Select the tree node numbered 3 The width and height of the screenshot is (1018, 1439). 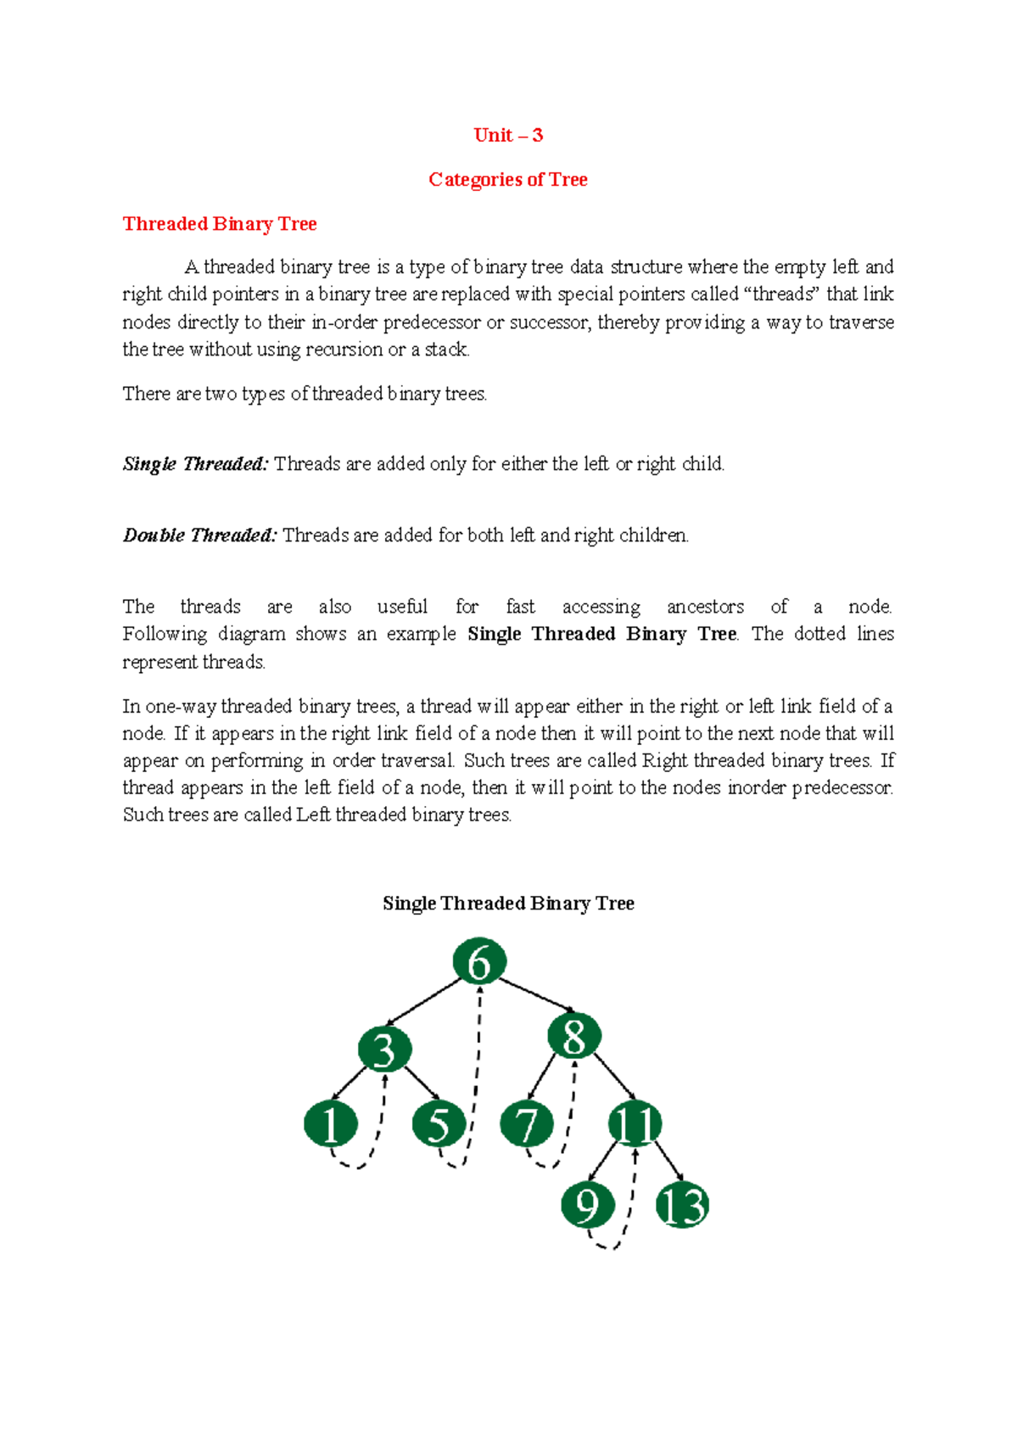pyautogui.click(x=384, y=1049)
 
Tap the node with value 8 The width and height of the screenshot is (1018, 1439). pyautogui.click(x=574, y=1035)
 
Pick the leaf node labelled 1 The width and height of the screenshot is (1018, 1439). pyautogui.click(x=330, y=1123)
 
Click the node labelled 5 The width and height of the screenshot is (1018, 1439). pyautogui.click(x=439, y=1123)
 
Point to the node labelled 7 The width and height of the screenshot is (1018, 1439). pyautogui.click(x=527, y=1123)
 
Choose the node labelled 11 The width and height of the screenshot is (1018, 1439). pyautogui.click(x=635, y=1123)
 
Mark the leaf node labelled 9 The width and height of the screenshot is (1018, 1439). pyautogui.click(x=587, y=1205)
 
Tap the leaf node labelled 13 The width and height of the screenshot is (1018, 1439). pyautogui.click(x=682, y=1205)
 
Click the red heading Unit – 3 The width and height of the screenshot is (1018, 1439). pyautogui.click(x=508, y=135)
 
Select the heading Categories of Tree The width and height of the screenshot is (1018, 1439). pyautogui.click(x=508, y=179)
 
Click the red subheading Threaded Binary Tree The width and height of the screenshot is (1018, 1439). pyautogui.click(x=220, y=223)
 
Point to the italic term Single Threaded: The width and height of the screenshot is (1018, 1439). pyautogui.click(x=195, y=464)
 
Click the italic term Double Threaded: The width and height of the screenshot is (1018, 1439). pyautogui.click(x=199, y=535)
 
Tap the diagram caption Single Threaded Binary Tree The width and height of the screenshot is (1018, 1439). pyautogui.click(x=508, y=903)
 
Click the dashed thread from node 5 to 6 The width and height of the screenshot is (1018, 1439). pyautogui.click(x=477, y=1078)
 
